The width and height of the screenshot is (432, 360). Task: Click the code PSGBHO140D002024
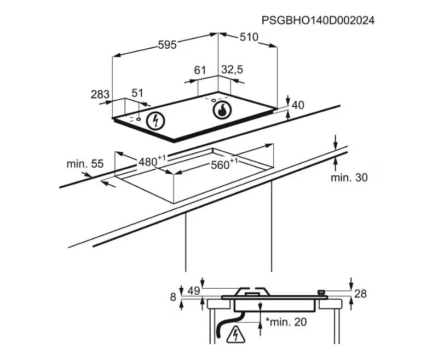pyautogui.click(x=318, y=20)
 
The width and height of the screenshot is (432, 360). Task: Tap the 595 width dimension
pyautogui.click(x=167, y=44)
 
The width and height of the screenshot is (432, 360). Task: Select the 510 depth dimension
pyautogui.click(x=249, y=37)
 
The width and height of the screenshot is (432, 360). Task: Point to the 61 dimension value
pyautogui.click(x=200, y=70)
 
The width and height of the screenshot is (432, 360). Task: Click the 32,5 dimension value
pyautogui.click(x=232, y=70)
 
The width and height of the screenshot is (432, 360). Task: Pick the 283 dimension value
pyautogui.click(x=100, y=95)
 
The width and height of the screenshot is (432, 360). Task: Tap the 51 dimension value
pyautogui.click(x=137, y=93)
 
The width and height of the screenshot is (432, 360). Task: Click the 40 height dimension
pyautogui.click(x=298, y=105)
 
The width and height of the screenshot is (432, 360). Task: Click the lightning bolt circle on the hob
pyautogui.click(x=155, y=121)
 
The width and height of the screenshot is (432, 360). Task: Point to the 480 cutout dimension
pyautogui.click(x=153, y=161)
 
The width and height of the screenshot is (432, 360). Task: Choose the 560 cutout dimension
pyautogui.click(x=224, y=164)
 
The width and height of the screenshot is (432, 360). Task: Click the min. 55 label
pyautogui.click(x=85, y=164)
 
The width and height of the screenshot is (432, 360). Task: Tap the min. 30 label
pyautogui.click(x=349, y=178)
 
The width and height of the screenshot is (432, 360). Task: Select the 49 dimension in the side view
pyautogui.click(x=194, y=290)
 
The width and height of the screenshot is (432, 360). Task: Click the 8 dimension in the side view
pyautogui.click(x=173, y=297)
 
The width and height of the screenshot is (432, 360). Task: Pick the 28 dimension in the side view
pyautogui.click(x=360, y=294)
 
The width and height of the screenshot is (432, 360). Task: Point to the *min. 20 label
pyautogui.click(x=286, y=322)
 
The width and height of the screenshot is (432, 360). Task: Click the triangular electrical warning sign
pyautogui.click(x=235, y=334)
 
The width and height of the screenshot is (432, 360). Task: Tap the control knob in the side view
pyautogui.click(x=321, y=293)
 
